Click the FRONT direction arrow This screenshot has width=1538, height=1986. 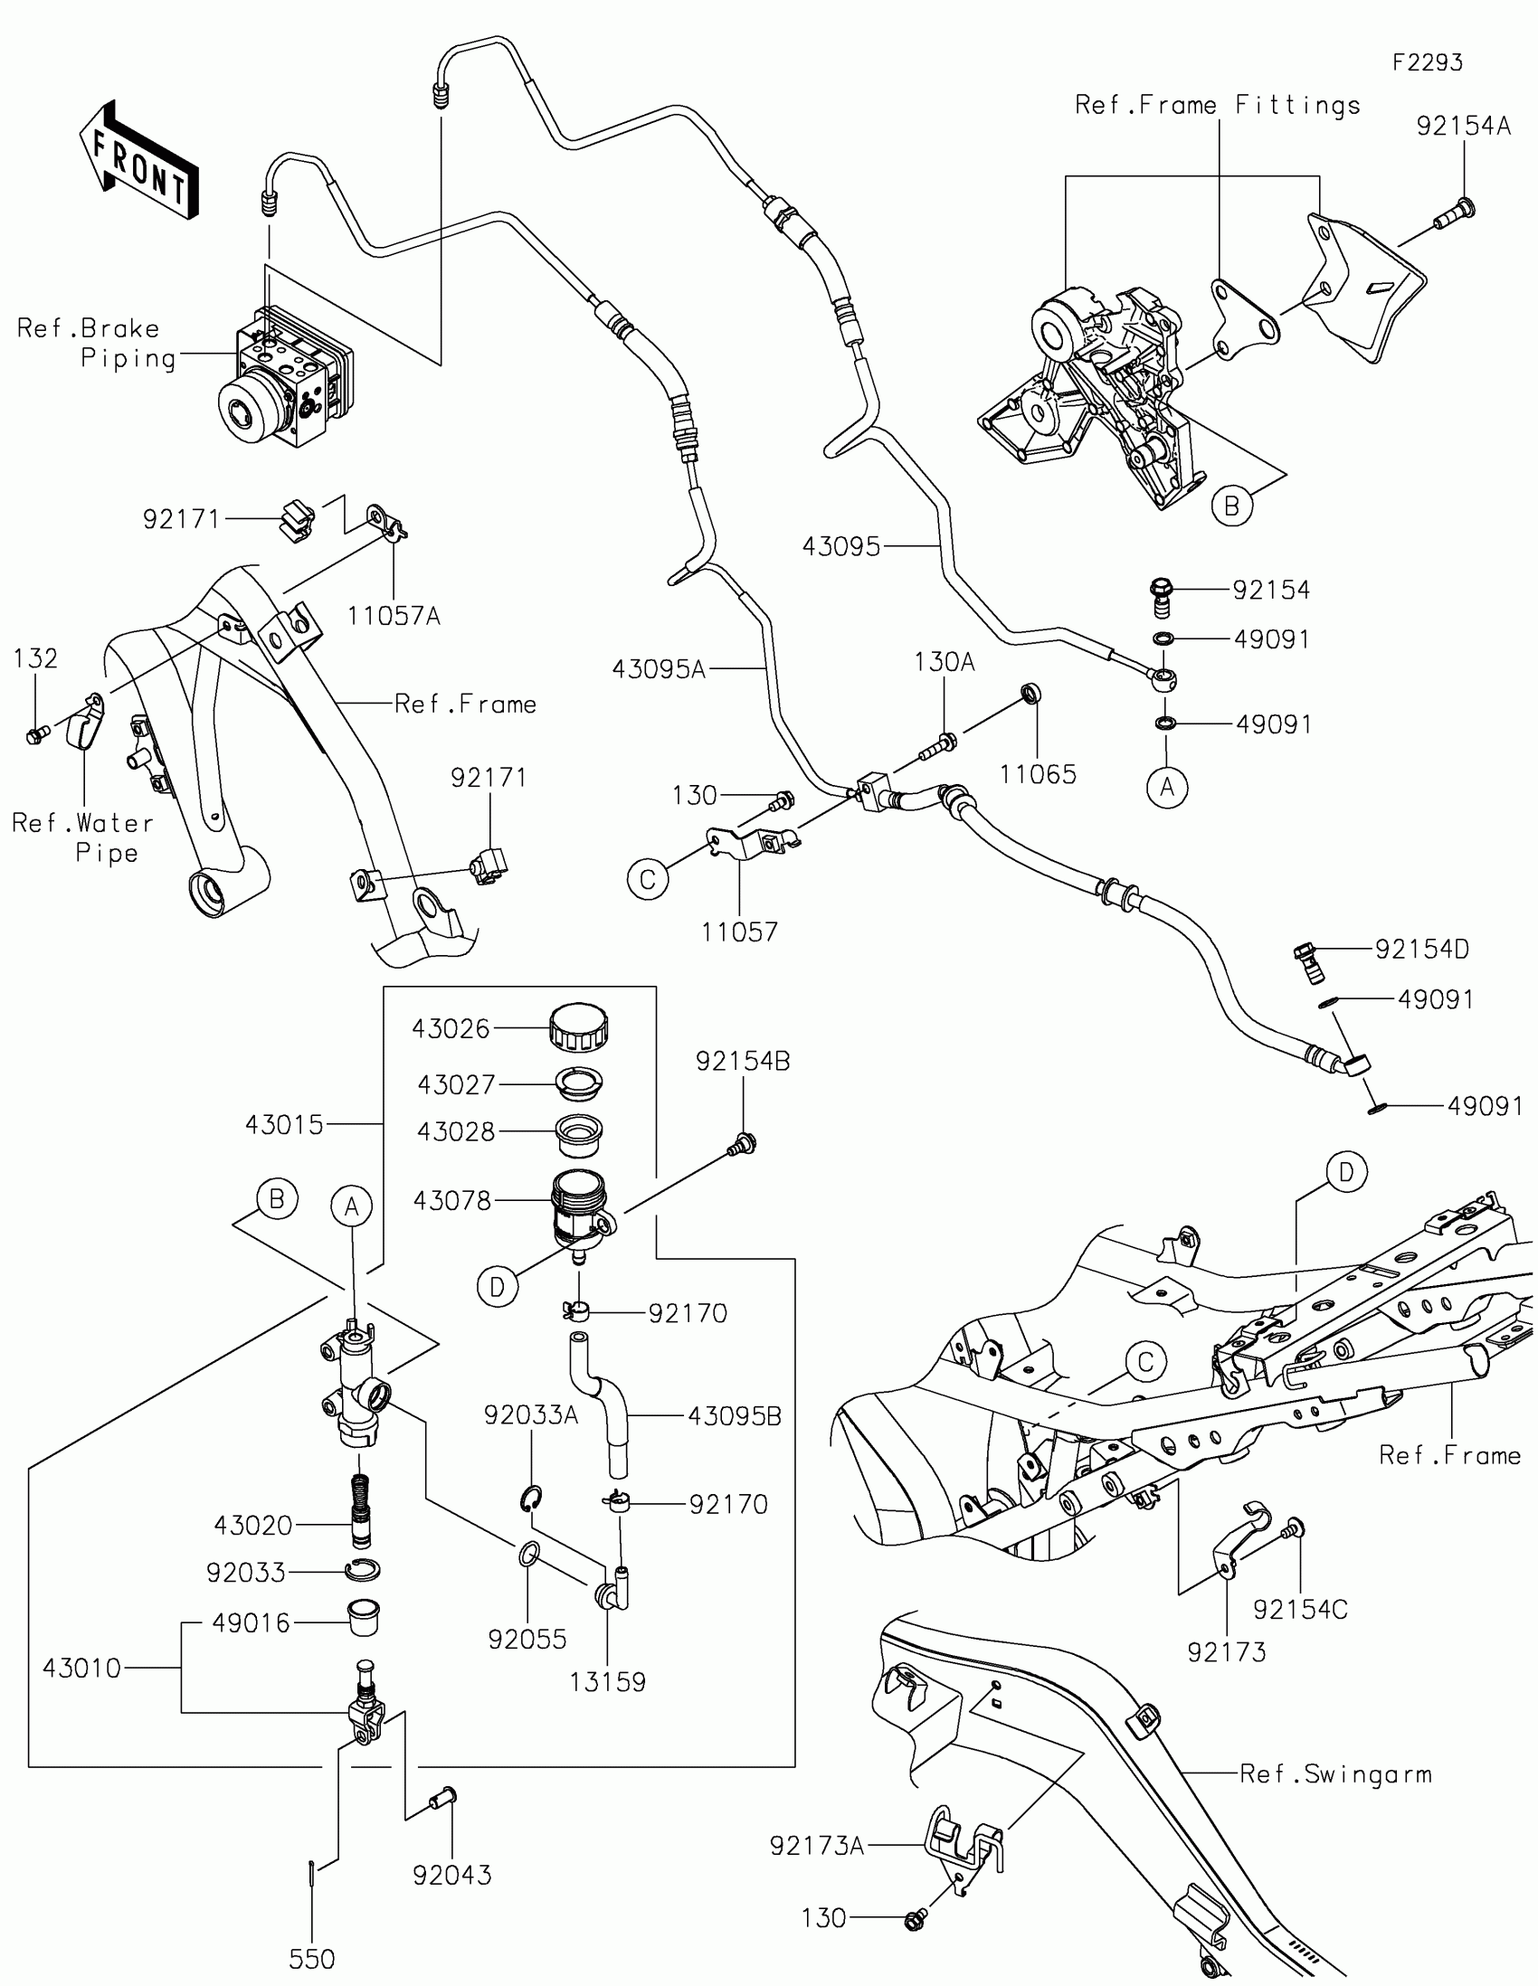(138, 159)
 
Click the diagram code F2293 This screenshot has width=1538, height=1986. (1428, 62)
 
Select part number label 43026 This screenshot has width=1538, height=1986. (451, 1028)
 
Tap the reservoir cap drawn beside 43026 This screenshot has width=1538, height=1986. (579, 1026)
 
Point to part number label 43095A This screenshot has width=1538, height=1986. (660, 670)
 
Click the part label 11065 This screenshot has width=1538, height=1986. (1038, 775)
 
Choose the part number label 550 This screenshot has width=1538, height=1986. (312, 1959)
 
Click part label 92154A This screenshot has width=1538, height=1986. (1464, 126)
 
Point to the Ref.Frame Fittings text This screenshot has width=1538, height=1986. (1218, 106)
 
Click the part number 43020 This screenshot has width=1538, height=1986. (253, 1525)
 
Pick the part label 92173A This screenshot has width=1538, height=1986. (817, 1845)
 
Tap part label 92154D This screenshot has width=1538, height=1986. (1421, 950)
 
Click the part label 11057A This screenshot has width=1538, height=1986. (394, 617)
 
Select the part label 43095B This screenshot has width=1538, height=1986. (735, 1416)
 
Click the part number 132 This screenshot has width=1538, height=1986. (35, 658)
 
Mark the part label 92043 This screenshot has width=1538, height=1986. (452, 1875)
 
